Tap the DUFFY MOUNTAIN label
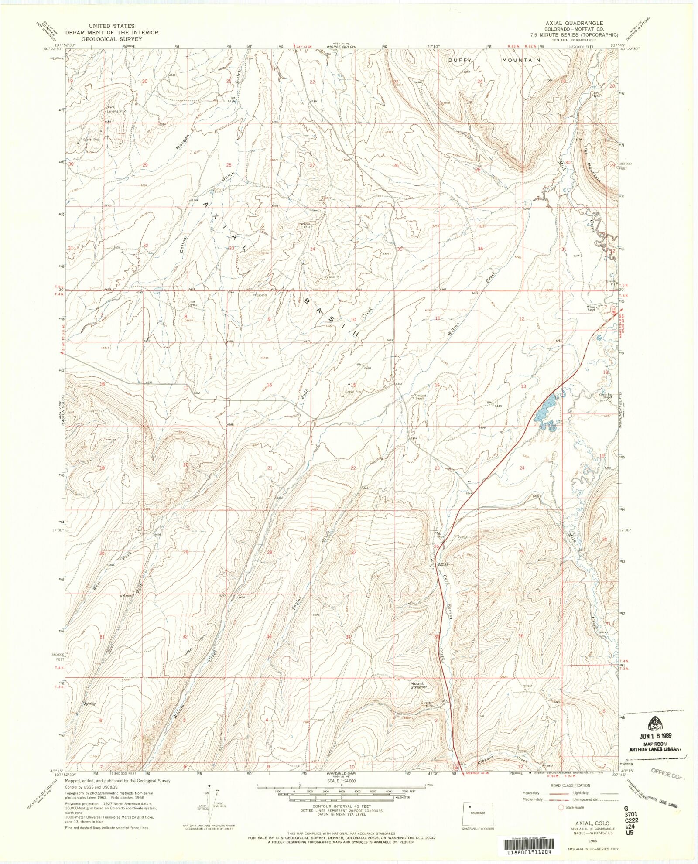pos(495,60)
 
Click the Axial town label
pos(443,564)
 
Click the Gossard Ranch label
pos(419,397)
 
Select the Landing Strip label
pos(116,111)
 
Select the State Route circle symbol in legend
pos(561,807)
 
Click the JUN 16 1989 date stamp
pos(656,735)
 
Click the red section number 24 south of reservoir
pos(522,468)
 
